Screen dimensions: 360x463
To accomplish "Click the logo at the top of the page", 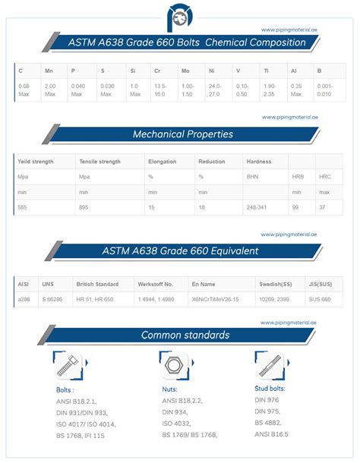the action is click(x=179, y=17).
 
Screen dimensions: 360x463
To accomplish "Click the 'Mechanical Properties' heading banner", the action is click(x=193, y=134).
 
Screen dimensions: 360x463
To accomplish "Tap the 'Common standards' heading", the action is click(x=185, y=335).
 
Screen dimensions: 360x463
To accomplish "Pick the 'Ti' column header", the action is click(x=266, y=71).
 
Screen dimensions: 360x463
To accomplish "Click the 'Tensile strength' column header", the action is click(x=99, y=162).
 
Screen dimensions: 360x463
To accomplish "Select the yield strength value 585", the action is click(x=24, y=206).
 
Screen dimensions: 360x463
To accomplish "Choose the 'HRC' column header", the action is click(x=325, y=176).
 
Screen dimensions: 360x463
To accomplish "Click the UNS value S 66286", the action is click(x=54, y=300).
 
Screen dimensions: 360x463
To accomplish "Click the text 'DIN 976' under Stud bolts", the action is click(x=267, y=399).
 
